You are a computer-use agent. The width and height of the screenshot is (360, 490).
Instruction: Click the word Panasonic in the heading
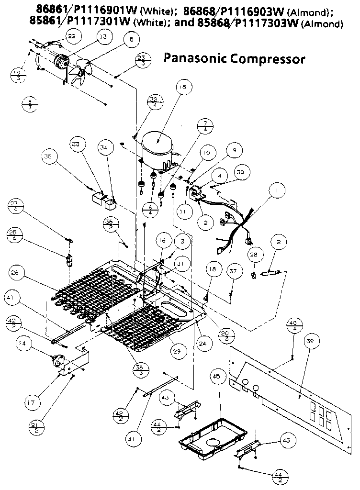(194, 58)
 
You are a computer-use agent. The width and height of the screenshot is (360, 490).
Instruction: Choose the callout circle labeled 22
(71, 37)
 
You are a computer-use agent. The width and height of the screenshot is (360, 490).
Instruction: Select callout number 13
(103, 36)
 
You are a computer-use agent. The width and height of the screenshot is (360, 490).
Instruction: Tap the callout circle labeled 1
(276, 190)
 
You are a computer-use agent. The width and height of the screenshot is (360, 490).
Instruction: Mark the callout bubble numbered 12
(278, 243)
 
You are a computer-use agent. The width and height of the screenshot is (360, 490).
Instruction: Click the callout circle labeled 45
(216, 377)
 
